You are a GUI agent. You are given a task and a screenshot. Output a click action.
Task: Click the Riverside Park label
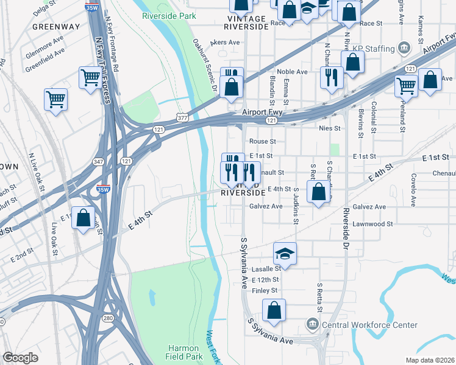coord(169,16)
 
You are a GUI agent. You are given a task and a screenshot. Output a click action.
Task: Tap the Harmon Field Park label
coord(185,352)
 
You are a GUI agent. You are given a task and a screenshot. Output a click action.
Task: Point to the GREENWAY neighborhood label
coord(55,27)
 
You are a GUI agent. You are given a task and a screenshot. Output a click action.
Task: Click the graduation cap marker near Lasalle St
coord(285,253)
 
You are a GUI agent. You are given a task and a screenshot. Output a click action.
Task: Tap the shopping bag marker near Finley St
coord(274,310)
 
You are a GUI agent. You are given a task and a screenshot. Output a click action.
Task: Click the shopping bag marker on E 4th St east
coord(319,193)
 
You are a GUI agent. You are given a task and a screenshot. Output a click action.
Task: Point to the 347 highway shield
coord(98,162)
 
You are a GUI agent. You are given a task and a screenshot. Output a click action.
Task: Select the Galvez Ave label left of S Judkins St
coord(266,206)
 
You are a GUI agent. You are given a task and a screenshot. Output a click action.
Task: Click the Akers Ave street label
coord(225,43)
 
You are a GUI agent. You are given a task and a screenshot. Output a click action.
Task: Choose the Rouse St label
coord(263,141)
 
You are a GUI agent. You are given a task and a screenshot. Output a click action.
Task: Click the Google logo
coord(21,358)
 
